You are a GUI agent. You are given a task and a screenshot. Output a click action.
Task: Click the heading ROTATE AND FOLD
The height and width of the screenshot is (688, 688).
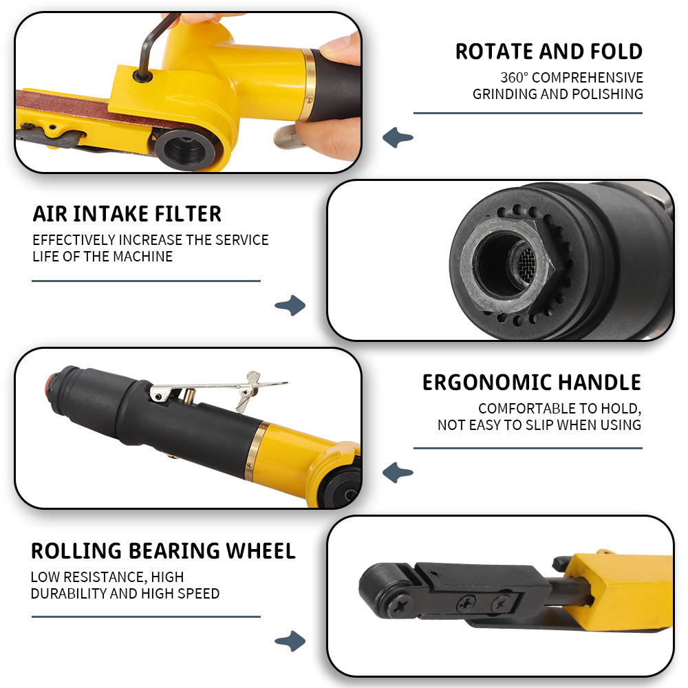(x=549, y=52)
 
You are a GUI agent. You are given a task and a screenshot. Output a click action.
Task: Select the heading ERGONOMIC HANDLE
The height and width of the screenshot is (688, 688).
(x=532, y=383)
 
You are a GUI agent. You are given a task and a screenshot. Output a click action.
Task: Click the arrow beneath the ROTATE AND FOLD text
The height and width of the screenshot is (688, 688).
(x=398, y=138)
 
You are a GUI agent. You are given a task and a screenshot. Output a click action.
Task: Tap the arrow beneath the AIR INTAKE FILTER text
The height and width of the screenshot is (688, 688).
(x=290, y=305)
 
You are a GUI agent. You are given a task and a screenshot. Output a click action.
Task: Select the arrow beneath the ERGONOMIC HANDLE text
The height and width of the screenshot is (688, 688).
(x=398, y=473)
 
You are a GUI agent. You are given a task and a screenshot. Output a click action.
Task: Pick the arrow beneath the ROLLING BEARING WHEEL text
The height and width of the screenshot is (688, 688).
(x=290, y=641)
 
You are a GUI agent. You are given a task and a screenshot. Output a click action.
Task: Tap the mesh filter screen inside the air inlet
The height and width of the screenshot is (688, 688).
(x=525, y=263)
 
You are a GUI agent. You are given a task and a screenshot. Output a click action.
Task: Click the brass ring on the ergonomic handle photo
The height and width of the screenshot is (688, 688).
(x=256, y=451)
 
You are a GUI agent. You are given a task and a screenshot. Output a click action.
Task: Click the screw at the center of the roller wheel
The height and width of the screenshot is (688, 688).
(x=399, y=608)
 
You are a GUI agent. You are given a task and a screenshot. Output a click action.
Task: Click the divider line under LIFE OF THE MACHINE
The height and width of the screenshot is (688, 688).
(x=146, y=281)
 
